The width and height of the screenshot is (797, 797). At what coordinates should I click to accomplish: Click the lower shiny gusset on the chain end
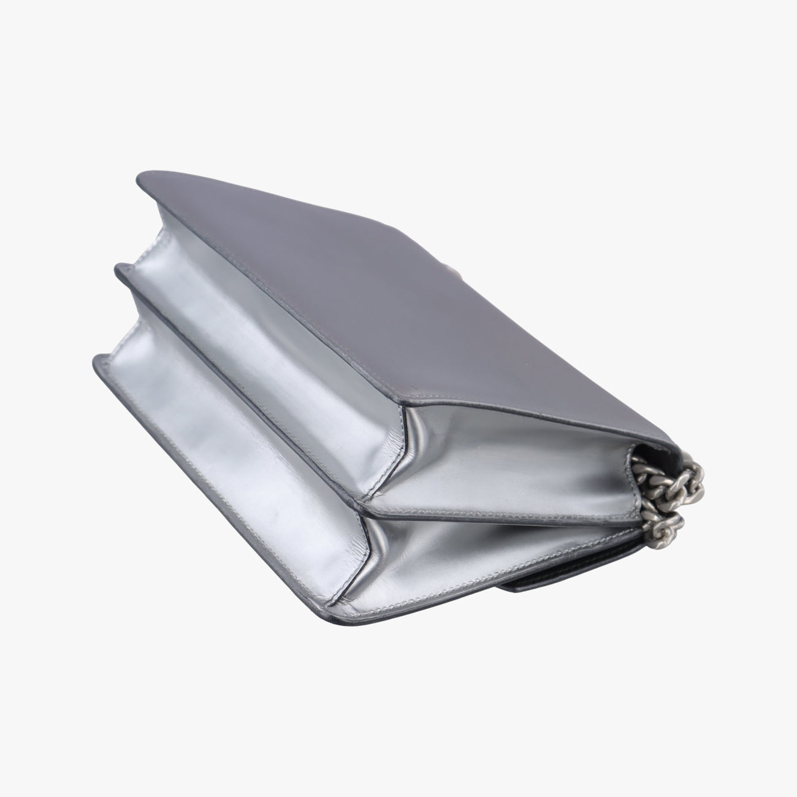490,552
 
